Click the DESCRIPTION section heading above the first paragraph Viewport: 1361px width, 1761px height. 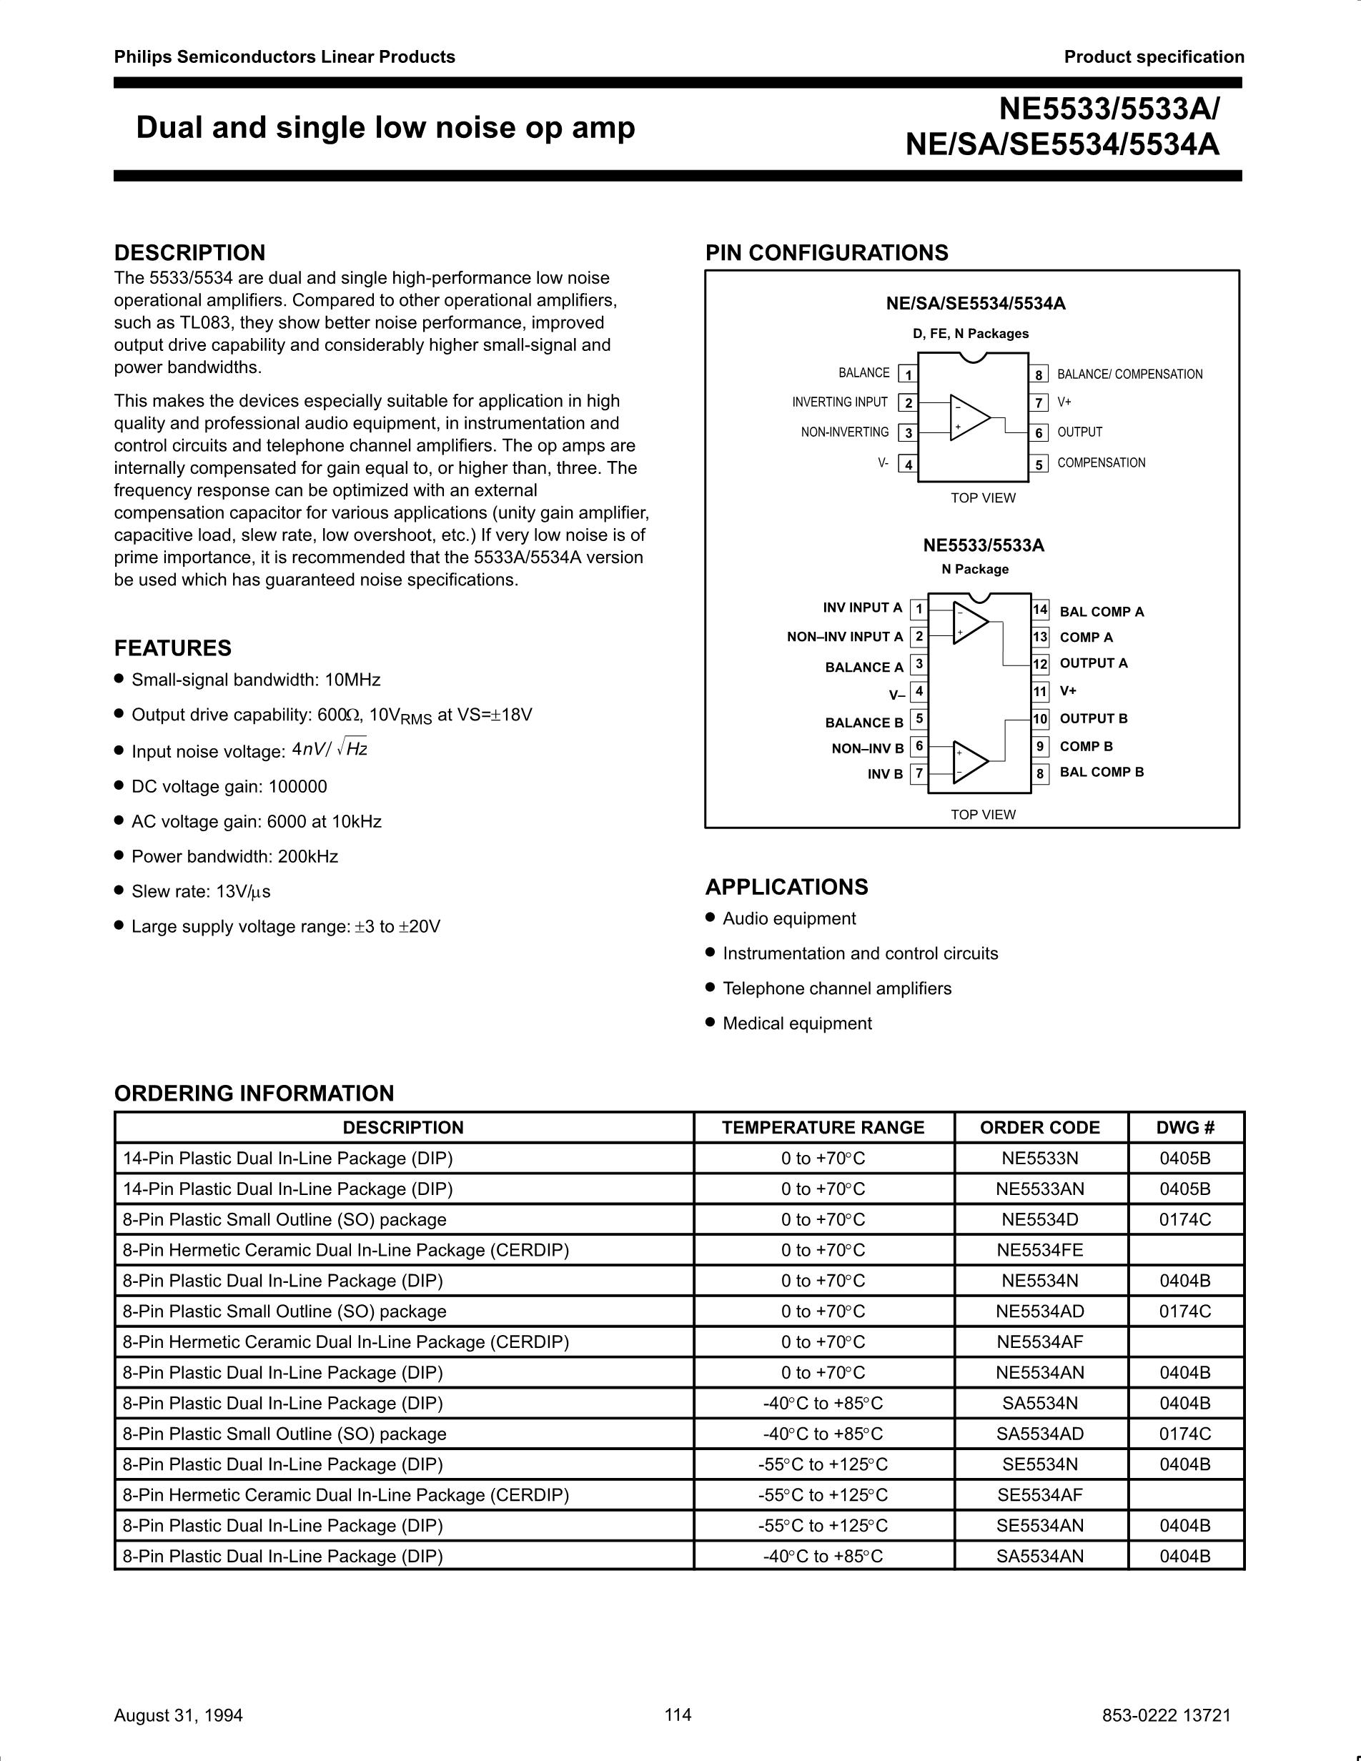coord(189,253)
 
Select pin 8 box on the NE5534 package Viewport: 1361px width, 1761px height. coord(1039,374)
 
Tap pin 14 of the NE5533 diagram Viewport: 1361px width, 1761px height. coord(1040,610)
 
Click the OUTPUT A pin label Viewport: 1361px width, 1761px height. coord(1094,664)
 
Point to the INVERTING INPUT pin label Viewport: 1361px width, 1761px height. coord(839,402)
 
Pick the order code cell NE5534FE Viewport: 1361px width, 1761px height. coord(1039,1251)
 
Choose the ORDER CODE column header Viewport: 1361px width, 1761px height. coord(1039,1128)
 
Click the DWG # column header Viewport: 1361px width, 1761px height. coord(1185,1128)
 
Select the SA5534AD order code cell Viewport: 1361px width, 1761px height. coord(1039,1434)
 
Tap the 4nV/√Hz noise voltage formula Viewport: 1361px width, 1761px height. coord(330,749)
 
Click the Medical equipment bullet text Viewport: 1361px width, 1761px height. coord(796,1024)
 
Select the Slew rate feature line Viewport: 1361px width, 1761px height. coord(201,892)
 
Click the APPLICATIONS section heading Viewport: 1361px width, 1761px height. coord(786,887)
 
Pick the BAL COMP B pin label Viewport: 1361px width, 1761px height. coord(1102,773)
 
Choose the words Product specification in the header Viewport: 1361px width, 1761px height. coord(1154,57)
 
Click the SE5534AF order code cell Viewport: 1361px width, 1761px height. coord(1039,1496)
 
